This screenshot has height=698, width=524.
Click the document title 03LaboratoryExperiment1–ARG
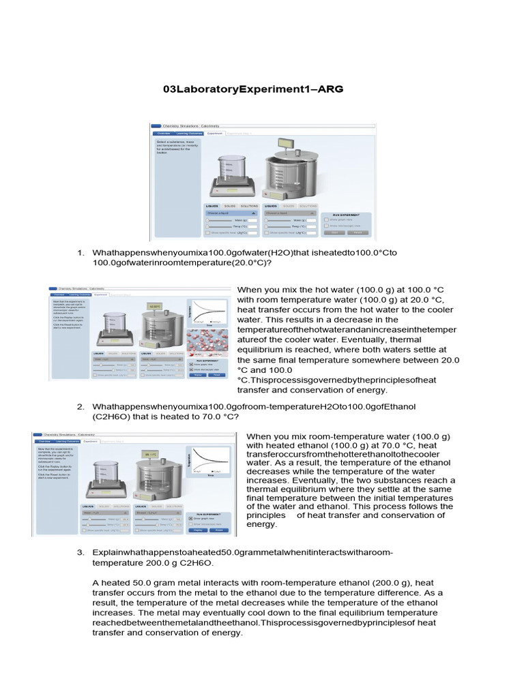[x=254, y=89]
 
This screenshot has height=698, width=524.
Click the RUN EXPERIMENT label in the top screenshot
[x=345, y=213]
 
